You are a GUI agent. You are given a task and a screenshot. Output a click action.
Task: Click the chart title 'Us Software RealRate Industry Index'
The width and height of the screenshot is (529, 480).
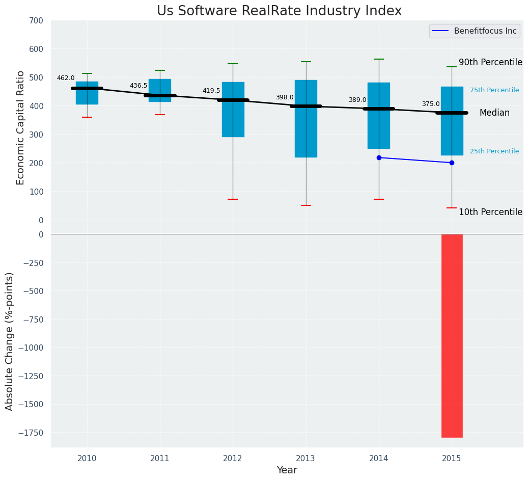[x=279, y=11]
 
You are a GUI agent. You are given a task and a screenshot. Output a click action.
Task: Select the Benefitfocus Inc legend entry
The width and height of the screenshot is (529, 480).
[x=474, y=31]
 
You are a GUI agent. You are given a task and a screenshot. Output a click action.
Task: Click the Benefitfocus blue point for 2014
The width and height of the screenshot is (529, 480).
[x=379, y=158]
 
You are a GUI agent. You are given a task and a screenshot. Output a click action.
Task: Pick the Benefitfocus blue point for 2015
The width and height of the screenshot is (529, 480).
[x=452, y=163]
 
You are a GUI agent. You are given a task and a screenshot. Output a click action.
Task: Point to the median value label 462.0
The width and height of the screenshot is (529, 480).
[x=66, y=78]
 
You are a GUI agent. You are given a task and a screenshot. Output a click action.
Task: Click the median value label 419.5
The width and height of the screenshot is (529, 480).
[x=211, y=91]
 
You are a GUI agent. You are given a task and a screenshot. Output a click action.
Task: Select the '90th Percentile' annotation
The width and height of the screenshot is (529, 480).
[x=490, y=63]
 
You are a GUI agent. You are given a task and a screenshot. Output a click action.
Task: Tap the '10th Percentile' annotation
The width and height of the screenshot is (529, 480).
[x=490, y=212]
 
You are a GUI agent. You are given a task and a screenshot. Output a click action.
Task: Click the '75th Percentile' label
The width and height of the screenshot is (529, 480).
[x=494, y=90]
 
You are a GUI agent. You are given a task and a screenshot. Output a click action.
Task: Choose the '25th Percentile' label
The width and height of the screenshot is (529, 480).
[x=494, y=151]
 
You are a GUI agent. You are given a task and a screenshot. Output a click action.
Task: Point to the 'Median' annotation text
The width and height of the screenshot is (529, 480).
[x=494, y=113]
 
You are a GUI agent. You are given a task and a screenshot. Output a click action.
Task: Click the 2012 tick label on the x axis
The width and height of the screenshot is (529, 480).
[x=233, y=459]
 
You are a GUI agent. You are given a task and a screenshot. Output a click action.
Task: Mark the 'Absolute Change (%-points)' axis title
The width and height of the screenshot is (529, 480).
[x=10, y=341]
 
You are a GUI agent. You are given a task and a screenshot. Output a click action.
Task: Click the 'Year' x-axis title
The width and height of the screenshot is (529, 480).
[x=287, y=470]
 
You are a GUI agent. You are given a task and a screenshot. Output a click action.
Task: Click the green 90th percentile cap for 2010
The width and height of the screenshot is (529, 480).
[x=87, y=73]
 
